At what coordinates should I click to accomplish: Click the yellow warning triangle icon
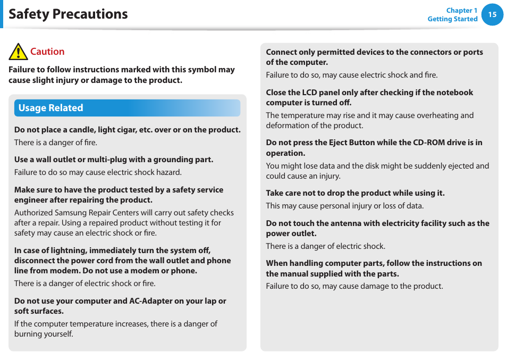tap(18, 52)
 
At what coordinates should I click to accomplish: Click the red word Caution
tap(47, 52)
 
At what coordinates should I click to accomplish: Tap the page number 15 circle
tap(492, 14)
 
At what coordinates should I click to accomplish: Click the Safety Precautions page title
tap(68, 14)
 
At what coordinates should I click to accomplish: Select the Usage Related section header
tap(51, 108)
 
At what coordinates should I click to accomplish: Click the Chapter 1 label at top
tap(461, 10)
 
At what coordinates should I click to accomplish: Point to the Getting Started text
tap(452, 19)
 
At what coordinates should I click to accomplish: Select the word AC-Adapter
tap(151, 301)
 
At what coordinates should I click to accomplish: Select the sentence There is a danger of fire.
tap(56, 143)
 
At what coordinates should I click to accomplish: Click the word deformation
tap(288, 125)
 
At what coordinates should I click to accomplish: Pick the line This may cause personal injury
tap(344, 206)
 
